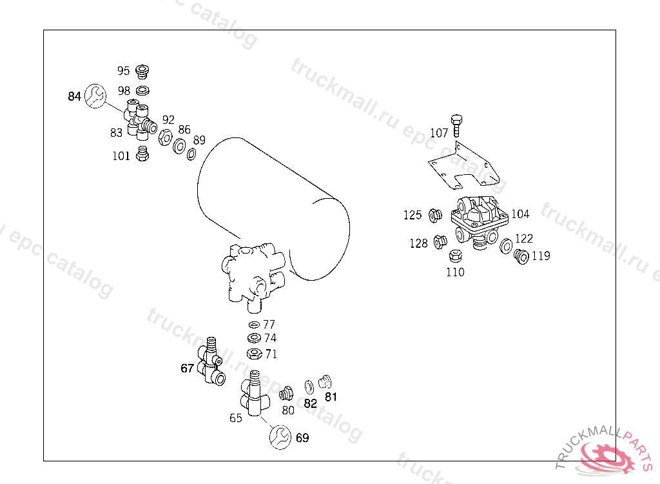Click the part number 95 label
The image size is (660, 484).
pyautogui.click(x=123, y=70)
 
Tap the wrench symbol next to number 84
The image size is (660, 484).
pyautogui.click(x=95, y=96)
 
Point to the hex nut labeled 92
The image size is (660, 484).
pyautogui.click(x=166, y=137)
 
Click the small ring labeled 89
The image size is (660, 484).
pyautogui.click(x=191, y=154)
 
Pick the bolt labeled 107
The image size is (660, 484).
pyautogui.click(x=456, y=125)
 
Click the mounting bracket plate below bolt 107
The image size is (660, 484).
pyautogui.click(x=463, y=166)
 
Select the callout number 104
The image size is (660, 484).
pyautogui.click(x=520, y=214)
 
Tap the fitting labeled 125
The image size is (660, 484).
pyautogui.click(x=435, y=216)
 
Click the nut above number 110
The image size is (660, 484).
pyautogui.click(x=456, y=256)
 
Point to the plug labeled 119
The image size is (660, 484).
pyautogui.click(x=521, y=256)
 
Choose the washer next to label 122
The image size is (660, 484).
pyautogui.click(x=505, y=246)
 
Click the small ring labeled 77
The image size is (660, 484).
pyautogui.click(x=254, y=325)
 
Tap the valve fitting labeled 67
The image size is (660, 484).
pyautogui.click(x=211, y=361)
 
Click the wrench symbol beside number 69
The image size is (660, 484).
pyautogui.click(x=280, y=437)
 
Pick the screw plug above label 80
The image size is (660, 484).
pyautogui.click(x=286, y=394)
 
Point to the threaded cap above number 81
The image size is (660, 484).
pyautogui.click(x=325, y=382)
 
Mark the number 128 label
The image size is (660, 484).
pyautogui.click(x=418, y=243)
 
